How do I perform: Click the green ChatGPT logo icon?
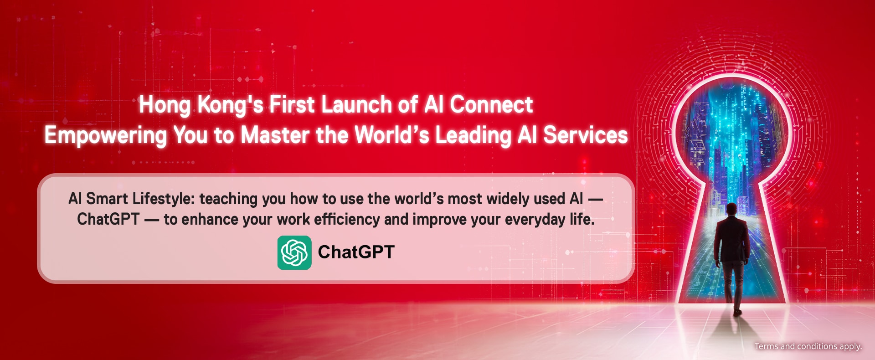294,252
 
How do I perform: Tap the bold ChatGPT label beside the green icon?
356,252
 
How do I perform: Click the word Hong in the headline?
165,106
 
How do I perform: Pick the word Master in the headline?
275,135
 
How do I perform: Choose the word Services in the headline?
586,135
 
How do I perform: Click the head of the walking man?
731,209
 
